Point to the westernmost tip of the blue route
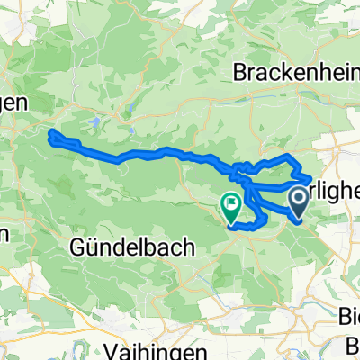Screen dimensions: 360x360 49,135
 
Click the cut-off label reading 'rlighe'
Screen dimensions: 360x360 336,192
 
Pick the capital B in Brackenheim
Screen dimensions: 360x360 238,75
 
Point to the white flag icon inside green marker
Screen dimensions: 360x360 230,205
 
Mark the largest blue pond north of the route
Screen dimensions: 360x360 96,120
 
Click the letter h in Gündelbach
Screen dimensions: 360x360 169,249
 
